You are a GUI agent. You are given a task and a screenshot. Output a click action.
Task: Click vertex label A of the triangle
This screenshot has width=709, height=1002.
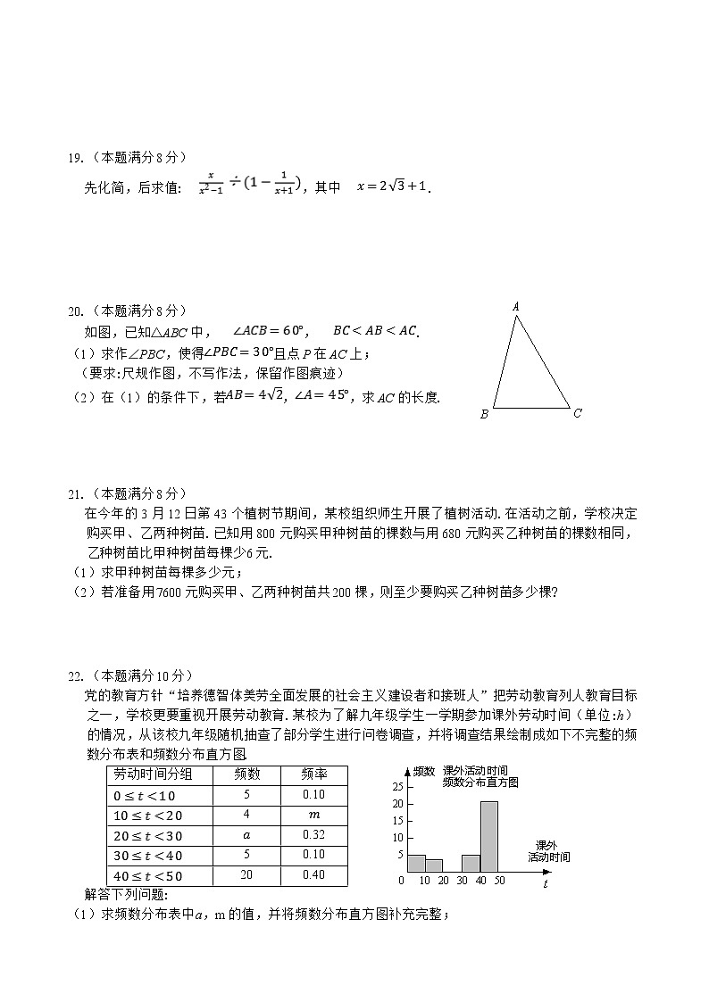tap(516, 306)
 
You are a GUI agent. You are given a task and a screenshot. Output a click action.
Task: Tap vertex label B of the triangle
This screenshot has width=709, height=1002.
tap(484, 414)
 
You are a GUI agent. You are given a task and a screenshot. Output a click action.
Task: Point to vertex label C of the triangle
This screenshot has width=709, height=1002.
tap(578, 412)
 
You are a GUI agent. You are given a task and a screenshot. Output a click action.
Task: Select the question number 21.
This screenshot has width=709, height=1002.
tap(75, 493)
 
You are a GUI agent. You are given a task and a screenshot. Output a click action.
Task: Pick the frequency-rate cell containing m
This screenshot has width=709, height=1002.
tap(313, 815)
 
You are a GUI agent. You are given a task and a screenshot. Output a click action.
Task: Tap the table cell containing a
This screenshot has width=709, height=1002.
tap(246, 835)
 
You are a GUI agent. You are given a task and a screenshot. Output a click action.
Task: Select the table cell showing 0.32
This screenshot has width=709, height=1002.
tap(313, 835)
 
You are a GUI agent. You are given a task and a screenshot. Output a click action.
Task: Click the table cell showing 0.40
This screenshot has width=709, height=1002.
tap(313, 875)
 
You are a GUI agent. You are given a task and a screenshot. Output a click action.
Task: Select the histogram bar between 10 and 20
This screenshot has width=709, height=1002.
tap(434, 865)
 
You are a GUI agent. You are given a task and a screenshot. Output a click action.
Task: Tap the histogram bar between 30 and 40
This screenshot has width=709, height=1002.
tap(471, 863)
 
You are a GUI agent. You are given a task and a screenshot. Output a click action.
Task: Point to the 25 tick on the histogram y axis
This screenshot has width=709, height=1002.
tap(398, 786)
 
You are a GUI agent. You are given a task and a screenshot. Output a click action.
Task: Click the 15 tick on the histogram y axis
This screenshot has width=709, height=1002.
tap(398, 821)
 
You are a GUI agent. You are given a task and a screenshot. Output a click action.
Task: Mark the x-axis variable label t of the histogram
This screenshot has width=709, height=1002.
tap(546, 883)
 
